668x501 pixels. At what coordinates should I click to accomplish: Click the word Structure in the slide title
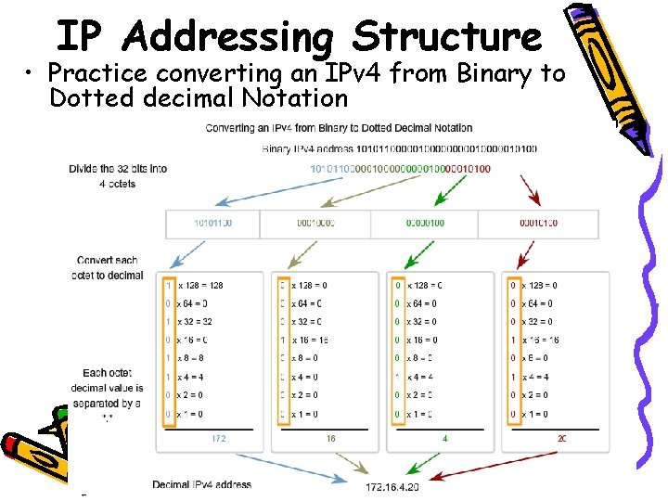tap(447, 37)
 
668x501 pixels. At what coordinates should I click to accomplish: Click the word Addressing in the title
tap(227, 37)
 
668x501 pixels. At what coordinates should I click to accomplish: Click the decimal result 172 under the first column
tap(219, 438)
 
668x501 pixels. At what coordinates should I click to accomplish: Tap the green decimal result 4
tap(444, 438)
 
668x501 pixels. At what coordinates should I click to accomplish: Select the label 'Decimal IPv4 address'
tap(202, 484)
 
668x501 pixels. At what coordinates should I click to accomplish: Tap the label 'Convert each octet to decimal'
tap(109, 267)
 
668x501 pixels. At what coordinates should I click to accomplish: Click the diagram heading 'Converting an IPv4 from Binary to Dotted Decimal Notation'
tap(339, 128)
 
